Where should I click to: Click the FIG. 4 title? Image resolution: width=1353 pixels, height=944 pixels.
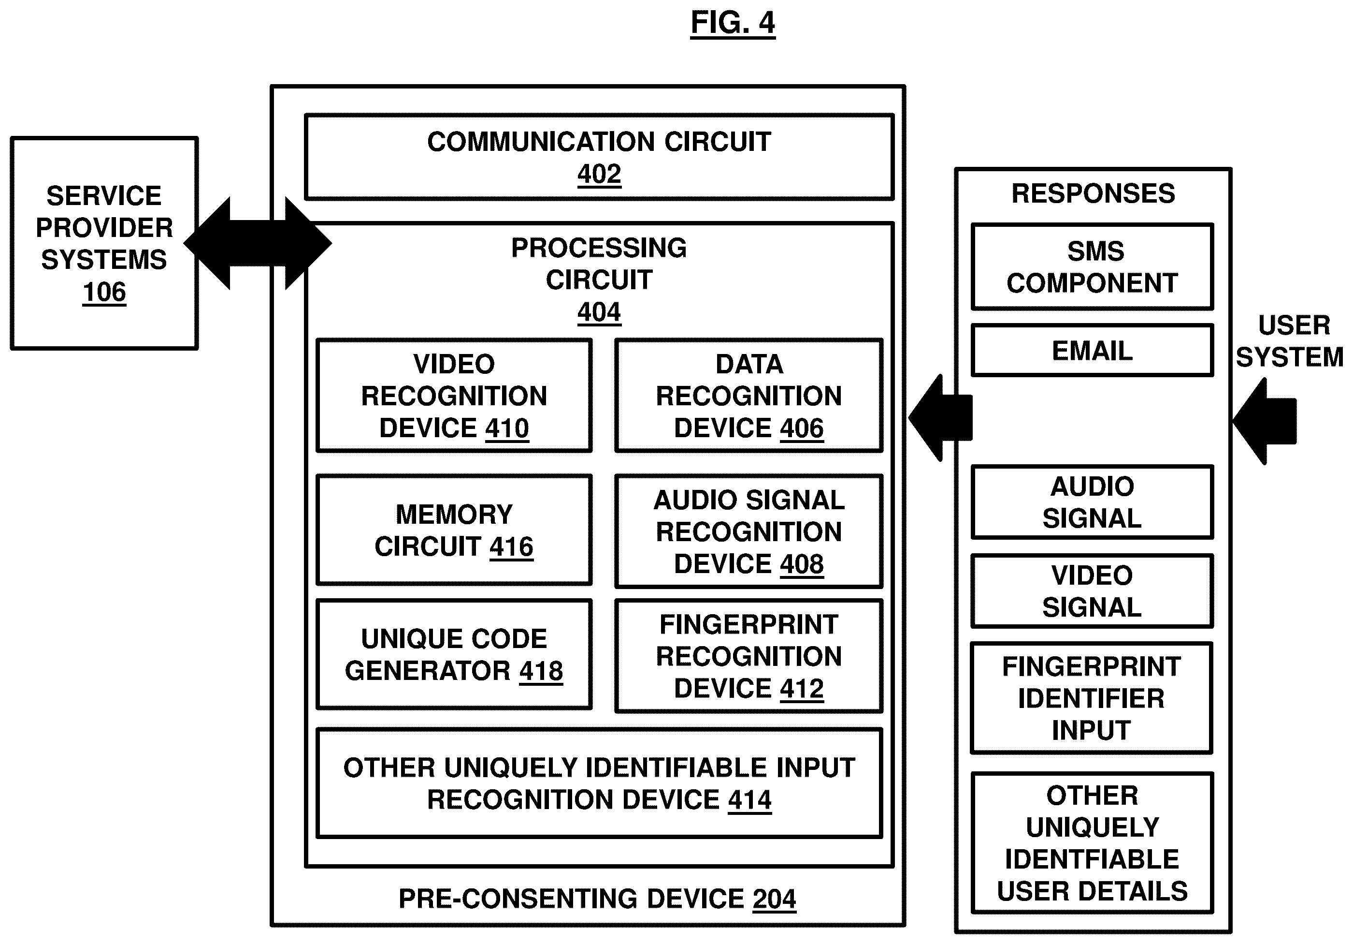733,24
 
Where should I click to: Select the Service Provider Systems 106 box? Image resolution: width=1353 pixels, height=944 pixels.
104,243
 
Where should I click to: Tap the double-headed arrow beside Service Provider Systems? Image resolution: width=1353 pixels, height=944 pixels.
258,243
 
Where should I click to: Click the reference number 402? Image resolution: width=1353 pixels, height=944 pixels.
599,175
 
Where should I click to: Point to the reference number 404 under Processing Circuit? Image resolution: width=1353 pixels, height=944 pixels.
599,312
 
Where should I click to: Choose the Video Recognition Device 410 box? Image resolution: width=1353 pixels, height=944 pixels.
454,396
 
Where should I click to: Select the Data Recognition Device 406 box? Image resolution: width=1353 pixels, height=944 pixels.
748,396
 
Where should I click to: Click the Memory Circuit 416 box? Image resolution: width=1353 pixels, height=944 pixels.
454,530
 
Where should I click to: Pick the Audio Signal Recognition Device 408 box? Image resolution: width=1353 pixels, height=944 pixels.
748,531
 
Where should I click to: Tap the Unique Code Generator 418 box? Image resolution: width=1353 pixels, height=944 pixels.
454,654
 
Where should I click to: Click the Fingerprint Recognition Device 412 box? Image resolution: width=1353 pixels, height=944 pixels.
748,656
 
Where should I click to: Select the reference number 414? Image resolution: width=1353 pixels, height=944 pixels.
749,800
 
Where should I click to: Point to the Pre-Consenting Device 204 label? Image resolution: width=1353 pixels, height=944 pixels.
597,899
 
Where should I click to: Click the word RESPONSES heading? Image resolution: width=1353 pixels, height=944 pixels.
1093,194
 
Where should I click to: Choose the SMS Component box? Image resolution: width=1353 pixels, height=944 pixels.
1092,267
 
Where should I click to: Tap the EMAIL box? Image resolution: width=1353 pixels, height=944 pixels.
1092,351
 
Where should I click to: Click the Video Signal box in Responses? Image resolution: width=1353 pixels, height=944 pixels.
1092,591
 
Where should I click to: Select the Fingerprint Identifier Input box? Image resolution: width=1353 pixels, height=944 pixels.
1092,698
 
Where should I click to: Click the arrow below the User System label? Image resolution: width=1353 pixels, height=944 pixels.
1266,421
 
